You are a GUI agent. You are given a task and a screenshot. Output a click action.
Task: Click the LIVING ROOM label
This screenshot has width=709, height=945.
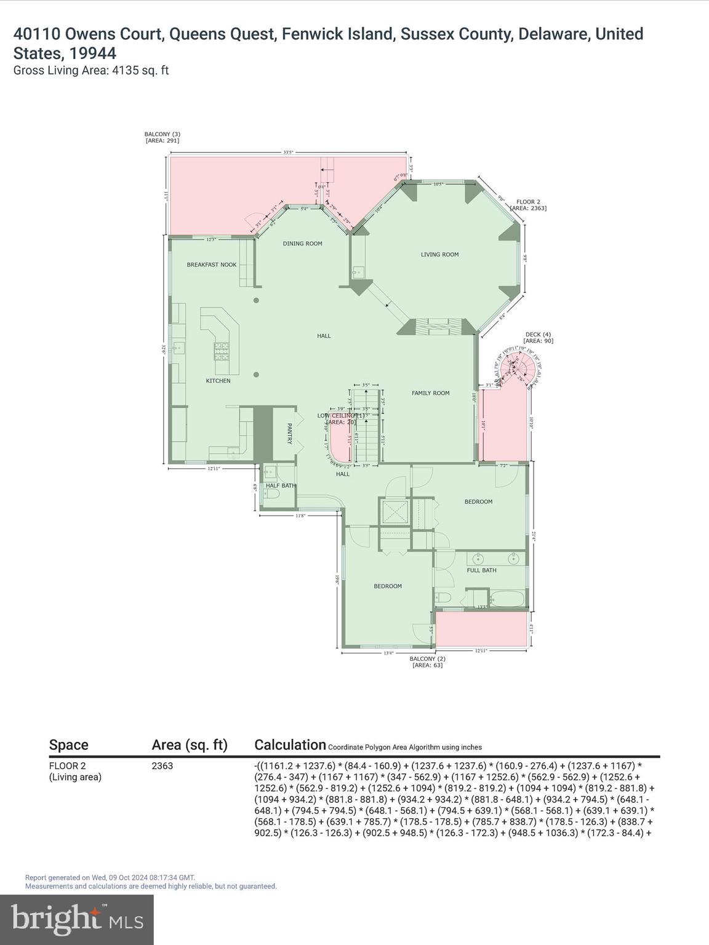[x=439, y=254]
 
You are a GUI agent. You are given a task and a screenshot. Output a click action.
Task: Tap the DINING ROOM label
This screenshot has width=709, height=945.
[x=302, y=244]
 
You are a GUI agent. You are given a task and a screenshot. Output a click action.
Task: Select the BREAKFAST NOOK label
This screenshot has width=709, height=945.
[x=212, y=265]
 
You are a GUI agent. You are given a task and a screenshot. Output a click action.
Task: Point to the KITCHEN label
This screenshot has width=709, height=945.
[x=218, y=381]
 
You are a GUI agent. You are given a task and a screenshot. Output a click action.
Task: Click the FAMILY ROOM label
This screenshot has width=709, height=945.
[x=430, y=393]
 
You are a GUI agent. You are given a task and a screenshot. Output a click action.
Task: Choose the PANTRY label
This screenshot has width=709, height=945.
[x=289, y=433]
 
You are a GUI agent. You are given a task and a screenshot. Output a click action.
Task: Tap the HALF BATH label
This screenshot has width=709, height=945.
[x=280, y=485]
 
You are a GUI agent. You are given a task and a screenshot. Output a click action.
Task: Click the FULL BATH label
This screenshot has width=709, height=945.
[x=481, y=570]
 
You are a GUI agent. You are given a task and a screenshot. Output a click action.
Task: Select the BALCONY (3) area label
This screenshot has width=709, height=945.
[x=162, y=137]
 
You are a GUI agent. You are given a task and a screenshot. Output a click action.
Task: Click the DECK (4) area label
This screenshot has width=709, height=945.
[x=537, y=337]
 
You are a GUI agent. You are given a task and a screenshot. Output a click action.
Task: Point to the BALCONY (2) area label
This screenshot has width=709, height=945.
[x=427, y=661]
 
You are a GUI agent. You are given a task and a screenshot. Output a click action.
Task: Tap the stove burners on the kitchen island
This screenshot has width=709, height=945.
[x=221, y=351]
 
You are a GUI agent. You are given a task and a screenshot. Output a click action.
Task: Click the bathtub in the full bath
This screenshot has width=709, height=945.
[x=507, y=598]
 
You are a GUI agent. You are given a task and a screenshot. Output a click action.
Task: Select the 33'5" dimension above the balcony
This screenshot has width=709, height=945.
[x=288, y=152]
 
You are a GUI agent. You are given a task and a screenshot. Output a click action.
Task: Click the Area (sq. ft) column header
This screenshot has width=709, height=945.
[x=190, y=745]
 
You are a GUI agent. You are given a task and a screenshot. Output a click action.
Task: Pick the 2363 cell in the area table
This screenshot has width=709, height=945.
[x=162, y=766]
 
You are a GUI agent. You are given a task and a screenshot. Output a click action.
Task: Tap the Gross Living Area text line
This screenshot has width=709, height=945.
[x=91, y=70]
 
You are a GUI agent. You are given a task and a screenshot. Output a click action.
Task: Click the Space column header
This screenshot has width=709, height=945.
[x=68, y=745]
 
